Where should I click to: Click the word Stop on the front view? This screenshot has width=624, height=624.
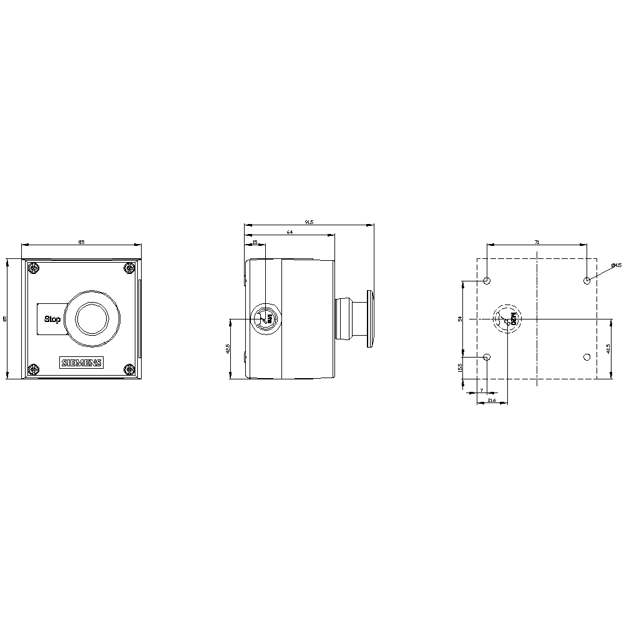[52, 319]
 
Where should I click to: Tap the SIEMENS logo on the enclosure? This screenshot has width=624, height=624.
[81, 363]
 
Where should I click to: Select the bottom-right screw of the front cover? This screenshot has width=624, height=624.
[129, 369]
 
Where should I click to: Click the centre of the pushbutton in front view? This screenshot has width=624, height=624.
[92, 319]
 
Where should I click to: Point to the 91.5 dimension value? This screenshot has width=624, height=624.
[309, 221]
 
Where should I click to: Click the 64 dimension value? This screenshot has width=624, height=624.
[290, 232]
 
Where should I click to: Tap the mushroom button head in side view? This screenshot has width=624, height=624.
[369, 319]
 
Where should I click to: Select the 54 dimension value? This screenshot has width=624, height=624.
[460, 319]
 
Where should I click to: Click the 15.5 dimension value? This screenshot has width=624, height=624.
[460, 368]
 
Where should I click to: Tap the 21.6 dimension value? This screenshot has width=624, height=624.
[492, 399]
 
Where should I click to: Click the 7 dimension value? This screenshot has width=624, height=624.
[482, 390]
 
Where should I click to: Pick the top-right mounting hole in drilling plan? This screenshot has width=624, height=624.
[587, 281]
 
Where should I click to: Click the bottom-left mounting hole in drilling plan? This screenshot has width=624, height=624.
[487, 357]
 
